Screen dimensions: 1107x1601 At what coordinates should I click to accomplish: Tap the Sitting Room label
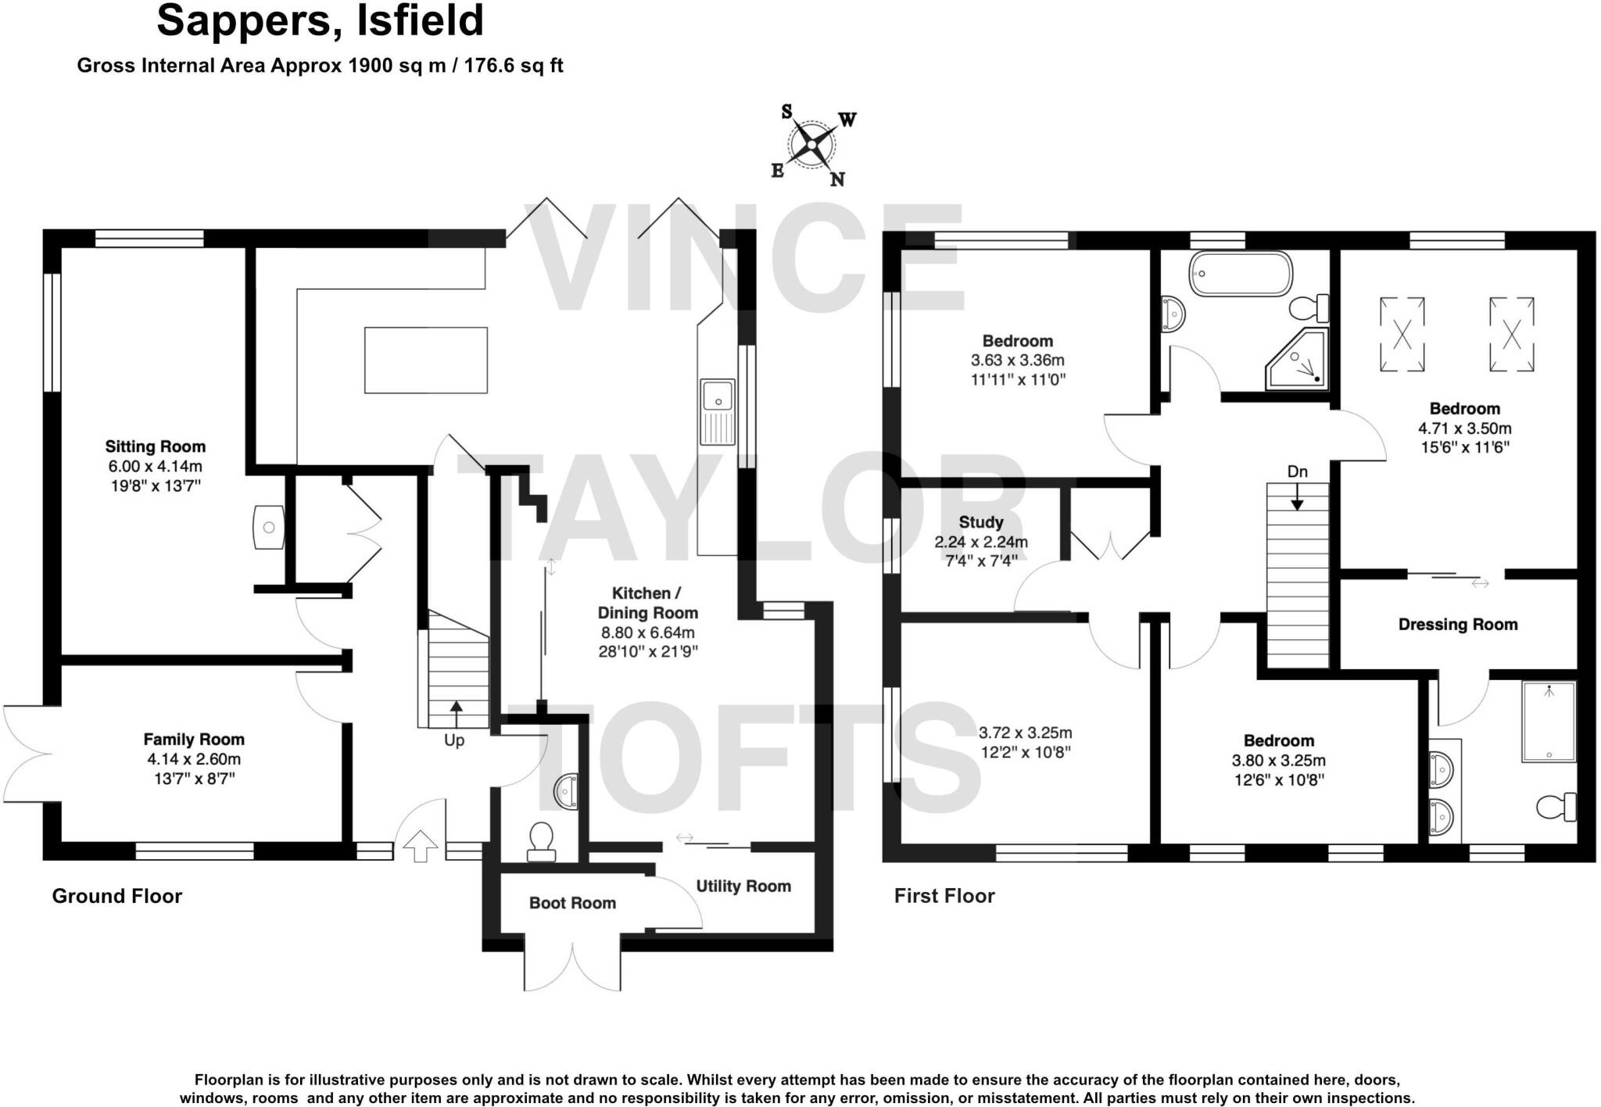point(156,446)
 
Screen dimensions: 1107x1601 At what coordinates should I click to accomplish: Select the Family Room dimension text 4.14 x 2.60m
point(194,759)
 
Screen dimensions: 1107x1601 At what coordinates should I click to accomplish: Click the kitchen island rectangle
point(426,360)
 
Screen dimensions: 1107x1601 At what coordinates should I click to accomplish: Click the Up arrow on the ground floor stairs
point(456,713)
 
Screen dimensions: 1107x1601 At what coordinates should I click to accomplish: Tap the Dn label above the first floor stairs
point(1297,471)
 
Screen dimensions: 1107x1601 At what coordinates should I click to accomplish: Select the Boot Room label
point(572,903)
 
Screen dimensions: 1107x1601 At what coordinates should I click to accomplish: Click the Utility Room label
point(743,886)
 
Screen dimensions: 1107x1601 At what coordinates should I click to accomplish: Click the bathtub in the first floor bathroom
point(1240,273)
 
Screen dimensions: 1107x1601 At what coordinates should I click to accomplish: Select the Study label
point(981,521)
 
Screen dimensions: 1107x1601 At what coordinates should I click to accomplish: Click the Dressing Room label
point(1457,624)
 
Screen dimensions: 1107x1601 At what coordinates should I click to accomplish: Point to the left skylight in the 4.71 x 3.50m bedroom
point(1402,335)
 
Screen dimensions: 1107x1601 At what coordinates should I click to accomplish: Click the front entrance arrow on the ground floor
point(421,845)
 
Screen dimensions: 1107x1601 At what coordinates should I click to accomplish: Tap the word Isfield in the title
point(421,21)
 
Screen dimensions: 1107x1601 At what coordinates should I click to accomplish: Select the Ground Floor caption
point(117,896)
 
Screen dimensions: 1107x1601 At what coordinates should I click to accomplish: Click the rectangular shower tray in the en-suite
point(1548,721)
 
